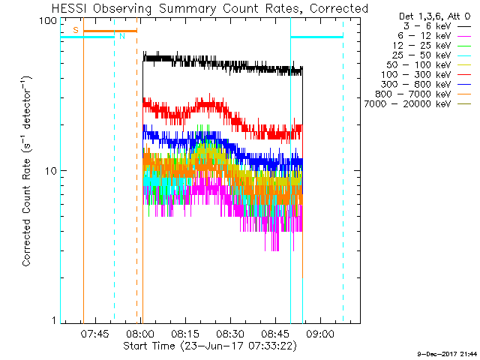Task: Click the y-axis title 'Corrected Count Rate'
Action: click(x=26, y=171)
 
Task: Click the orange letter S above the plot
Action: click(x=75, y=30)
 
